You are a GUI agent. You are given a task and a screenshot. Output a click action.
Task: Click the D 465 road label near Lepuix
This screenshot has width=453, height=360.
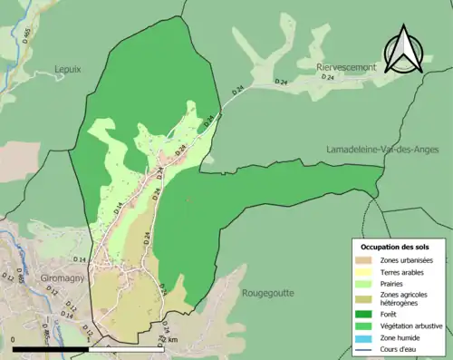point(25,34)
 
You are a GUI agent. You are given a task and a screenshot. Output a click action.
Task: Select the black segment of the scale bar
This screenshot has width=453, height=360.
point(51,347)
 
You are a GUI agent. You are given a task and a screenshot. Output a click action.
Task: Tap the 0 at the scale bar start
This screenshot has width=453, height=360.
point(15,339)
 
